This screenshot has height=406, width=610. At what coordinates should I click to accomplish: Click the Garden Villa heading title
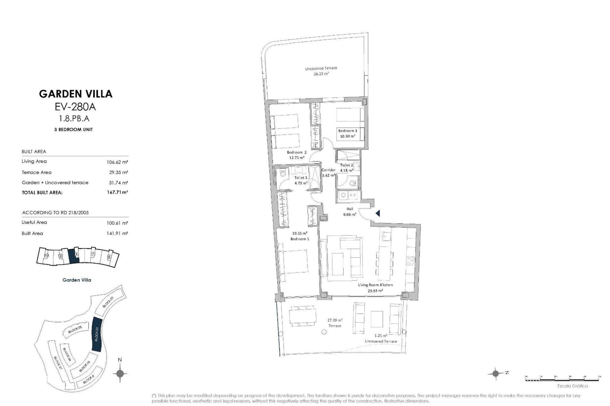[76, 94]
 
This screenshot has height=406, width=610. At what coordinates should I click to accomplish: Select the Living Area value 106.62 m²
[117, 162]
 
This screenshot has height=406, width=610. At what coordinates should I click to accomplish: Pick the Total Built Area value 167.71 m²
[117, 192]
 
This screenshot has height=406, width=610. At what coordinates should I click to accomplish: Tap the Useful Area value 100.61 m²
[117, 223]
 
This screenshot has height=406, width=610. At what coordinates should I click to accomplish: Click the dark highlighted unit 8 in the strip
[74, 255]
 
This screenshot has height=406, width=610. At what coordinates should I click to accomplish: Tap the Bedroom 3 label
[347, 131]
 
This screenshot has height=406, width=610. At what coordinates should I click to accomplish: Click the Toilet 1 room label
[301, 178]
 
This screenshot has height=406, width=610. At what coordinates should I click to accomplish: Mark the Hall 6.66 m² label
[349, 212]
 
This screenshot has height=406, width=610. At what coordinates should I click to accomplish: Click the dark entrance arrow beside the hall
[378, 213]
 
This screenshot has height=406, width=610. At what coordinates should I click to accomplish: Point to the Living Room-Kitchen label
[375, 285]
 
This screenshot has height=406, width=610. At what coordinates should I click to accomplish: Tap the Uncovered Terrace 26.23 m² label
[321, 71]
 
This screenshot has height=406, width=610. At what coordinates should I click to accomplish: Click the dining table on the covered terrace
[302, 316]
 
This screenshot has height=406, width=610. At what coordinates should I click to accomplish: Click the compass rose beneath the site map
[120, 373]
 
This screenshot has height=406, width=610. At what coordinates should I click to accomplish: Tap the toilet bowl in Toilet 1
[282, 174]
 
